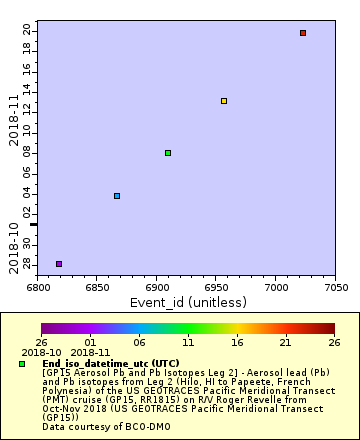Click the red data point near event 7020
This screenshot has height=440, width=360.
(x=303, y=33)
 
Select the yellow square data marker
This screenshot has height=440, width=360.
(x=224, y=101)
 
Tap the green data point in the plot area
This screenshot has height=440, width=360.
(x=168, y=153)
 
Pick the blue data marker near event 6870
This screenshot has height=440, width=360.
(x=117, y=196)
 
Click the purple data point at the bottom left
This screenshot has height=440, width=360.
(x=59, y=264)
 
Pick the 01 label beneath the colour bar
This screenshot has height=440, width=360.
(x=90, y=342)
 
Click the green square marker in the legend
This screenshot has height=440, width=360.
(x=22, y=363)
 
